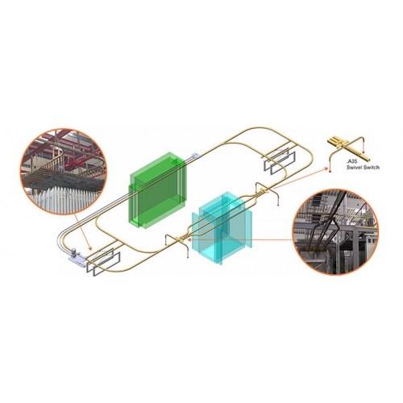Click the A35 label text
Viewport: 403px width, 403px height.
[x=351, y=161]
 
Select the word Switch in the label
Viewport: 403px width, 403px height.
[x=371, y=168]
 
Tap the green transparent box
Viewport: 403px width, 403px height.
[x=158, y=190]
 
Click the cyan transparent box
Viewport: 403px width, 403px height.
[x=222, y=228]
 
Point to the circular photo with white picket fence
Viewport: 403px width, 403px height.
[x=64, y=171]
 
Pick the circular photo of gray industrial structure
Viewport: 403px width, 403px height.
[x=335, y=231]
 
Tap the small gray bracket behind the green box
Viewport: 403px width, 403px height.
[x=195, y=156]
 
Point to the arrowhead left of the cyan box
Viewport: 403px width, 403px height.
[x=189, y=239]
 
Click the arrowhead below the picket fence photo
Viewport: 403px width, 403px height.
[x=90, y=247]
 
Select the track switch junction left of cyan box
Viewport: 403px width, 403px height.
[x=178, y=239]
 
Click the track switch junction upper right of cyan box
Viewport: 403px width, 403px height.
[x=264, y=191]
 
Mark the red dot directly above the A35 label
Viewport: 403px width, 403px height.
[x=364, y=152]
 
